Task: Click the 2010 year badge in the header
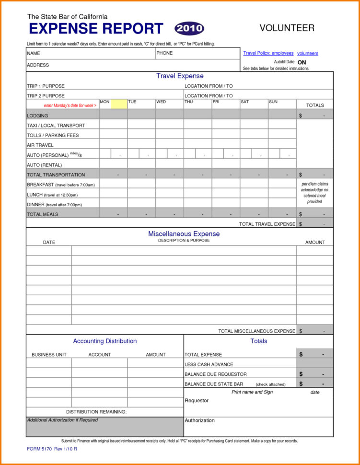point(189,29)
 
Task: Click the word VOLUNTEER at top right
point(287,28)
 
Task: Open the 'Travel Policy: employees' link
point(268,53)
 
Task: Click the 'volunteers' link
point(307,54)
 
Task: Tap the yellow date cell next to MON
point(119,104)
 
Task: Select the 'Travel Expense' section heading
point(180,76)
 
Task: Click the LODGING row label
point(37,116)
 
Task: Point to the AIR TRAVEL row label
point(40,145)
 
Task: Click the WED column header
point(161,102)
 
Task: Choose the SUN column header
point(273,102)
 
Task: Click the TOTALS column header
point(315,105)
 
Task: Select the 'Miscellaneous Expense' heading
point(184,234)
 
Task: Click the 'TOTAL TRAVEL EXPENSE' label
point(267,224)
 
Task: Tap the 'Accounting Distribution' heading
point(105,341)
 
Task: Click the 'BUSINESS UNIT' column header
point(49,355)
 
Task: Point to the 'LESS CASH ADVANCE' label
point(209,364)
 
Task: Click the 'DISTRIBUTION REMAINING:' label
point(96,412)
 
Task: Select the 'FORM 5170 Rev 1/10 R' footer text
point(52,449)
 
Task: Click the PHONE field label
point(164,53)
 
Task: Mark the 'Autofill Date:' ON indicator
point(302,62)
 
